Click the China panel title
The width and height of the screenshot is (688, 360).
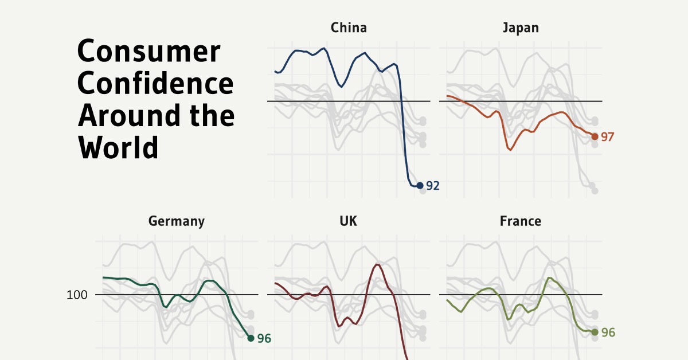pyautogui.click(x=349, y=28)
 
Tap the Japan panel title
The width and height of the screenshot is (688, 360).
pyautogui.click(x=520, y=28)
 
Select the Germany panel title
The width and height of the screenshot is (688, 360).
pyautogui.click(x=177, y=221)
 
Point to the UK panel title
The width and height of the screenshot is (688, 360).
pyautogui.click(x=349, y=221)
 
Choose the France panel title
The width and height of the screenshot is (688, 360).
pyautogui.click(x=520, y=221)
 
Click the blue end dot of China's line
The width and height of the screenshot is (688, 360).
pyautogui.click(x=420, y=185)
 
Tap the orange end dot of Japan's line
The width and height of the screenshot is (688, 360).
pyautogui.click(x=595, y=136)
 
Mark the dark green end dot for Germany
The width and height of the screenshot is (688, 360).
pyautogui.click(x=251, y=338)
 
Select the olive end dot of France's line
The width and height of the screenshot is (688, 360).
pyautogui.click(x=595, y=332)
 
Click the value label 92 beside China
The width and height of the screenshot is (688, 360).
pyautogui.click(x=433, y=186)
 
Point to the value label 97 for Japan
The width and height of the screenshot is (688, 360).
pyautogui.click(x=608, y=137)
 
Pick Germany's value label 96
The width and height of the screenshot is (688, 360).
pyautogui.click(x=264, y=339)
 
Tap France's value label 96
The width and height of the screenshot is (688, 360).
pyautogui.click(x=608, y=332)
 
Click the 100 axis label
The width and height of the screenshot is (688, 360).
pyautogui.click(x=76, y=295)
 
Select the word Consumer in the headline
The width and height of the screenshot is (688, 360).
pyautogui.click(x=148, y=53)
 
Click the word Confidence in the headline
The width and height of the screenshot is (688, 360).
pyautogui.click(x=156, y=84)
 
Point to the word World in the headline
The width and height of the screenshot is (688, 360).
pyautogui.click(x=118, y=147)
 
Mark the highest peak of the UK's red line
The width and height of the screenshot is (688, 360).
pyautogui.click(x=377, y=264)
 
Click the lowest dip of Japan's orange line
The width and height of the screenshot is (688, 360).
pyautogui.click(x=510, y=150)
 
